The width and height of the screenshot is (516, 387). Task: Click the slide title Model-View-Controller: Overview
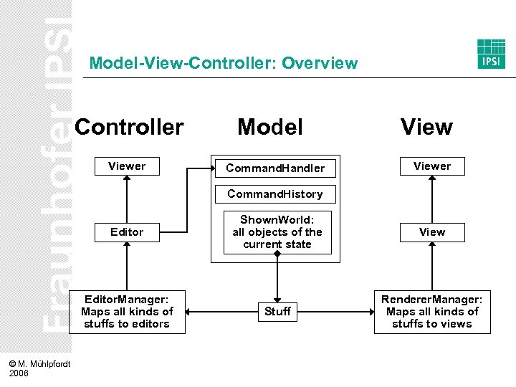coord(223,63)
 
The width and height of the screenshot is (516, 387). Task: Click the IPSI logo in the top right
coord(491,54)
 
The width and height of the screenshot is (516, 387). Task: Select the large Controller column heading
coord(129,127)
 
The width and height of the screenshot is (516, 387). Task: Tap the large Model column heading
coord(270,127)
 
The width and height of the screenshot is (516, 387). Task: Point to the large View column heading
coord(426,127)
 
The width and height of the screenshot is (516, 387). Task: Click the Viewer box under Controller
coord(127,166)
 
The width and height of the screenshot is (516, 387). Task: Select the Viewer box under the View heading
coord(432,166)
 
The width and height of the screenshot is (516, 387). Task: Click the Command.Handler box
coord(275,168)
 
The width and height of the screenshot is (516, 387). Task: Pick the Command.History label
coord(275,193)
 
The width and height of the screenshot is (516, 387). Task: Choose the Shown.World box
coord(277,231)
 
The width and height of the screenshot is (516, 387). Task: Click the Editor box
coord(127,232)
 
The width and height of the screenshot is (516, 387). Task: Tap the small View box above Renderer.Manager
coord(432,232)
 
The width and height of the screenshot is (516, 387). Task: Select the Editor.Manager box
coord(127,312)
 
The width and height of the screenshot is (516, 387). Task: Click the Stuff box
coord(277,312)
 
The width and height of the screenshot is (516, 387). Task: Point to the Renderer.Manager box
coord(432,312)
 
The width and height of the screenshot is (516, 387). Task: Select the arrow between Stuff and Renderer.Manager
coord(338,312)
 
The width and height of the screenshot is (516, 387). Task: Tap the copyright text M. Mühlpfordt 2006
coord(39,368)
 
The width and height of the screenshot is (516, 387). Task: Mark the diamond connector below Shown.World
coord(277,254)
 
